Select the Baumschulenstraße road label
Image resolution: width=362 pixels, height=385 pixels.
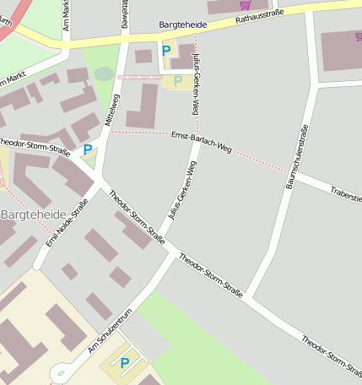pos(298,155)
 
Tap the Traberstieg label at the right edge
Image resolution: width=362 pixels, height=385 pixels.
pos(346,196)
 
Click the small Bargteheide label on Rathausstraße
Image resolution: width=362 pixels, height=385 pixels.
pos(182,26)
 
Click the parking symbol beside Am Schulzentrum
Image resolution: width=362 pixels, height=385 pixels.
pos(125,363)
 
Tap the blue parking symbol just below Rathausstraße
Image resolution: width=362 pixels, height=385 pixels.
pos(165,51)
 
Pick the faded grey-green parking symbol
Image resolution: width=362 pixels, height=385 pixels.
pos(177,81)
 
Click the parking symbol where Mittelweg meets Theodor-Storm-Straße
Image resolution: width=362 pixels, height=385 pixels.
pos(87,149)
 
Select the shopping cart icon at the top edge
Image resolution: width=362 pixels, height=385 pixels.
pos(245,4)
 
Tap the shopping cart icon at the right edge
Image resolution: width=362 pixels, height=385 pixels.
pos(358,36)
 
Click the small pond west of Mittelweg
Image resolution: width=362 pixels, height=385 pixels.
pos(104,73)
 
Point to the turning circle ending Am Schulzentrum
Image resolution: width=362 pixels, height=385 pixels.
pos(58,372)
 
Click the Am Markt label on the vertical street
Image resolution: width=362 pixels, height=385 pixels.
pos(67,14)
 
